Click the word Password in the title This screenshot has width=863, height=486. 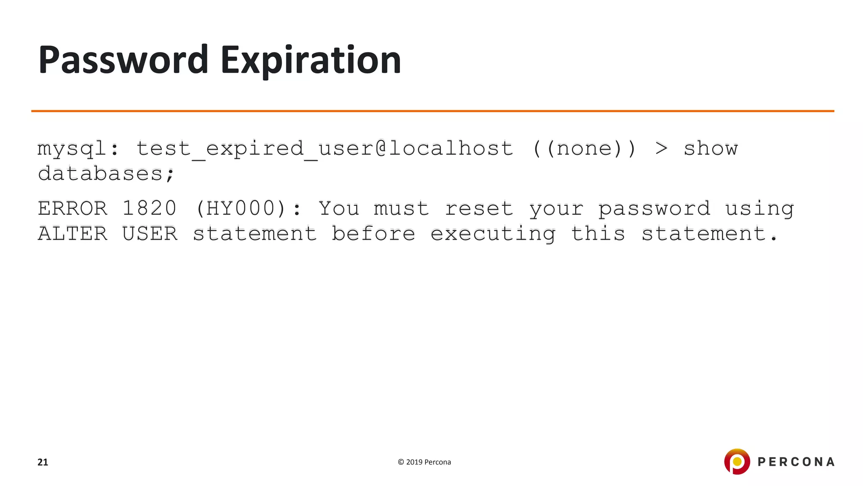(123, 60)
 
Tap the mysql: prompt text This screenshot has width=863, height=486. (78, 149)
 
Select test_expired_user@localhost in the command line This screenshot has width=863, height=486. (324, 149)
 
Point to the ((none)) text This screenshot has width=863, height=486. (584, 149)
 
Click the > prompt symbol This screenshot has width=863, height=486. (661, 148)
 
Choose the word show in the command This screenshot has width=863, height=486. (710, 148)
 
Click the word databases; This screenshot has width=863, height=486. (106, 174)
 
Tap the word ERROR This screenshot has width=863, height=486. (72, 208)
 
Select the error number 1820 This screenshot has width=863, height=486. (149, 208)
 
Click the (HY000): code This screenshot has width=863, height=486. (249, 208)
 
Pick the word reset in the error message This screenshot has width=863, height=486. (479, 208)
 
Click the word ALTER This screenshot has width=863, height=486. (72, 234)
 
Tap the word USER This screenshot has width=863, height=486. (150, 234)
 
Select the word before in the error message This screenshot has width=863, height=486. (373, 234)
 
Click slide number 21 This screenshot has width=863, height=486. (43, 462)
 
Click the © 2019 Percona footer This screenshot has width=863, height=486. (424, 462)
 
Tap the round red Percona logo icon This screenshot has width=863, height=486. (737, 462)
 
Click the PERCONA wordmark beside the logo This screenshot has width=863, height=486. (796, 462)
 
